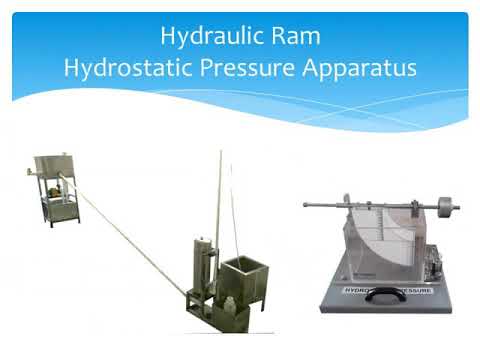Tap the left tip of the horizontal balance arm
point(307,205)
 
